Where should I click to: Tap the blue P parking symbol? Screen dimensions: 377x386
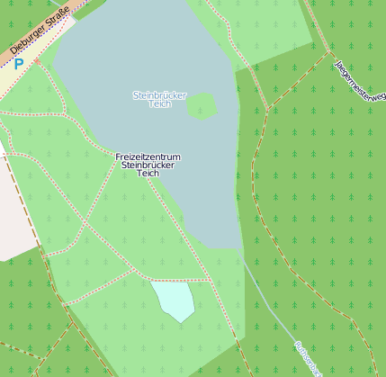[x=18, y=65]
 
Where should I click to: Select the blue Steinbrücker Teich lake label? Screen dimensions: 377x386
[x=159, y=99]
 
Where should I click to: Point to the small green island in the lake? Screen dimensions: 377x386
[x=202, y=106]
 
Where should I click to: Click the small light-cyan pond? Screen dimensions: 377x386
[x=174, y=300]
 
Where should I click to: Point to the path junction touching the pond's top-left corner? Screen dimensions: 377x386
[x=150, y=280]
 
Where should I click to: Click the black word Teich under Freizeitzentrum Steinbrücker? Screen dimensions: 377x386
[x=148, y=174]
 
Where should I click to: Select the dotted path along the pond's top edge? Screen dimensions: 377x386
[x=180, y=281]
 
